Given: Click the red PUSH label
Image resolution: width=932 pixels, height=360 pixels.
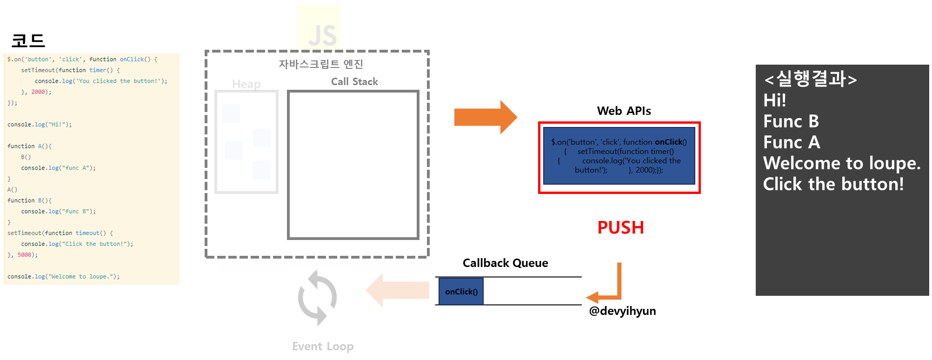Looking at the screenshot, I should (620, 228).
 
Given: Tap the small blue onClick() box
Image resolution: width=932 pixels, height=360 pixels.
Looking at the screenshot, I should (461, 292).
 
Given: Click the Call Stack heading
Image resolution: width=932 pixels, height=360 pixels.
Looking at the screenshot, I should (354, 82).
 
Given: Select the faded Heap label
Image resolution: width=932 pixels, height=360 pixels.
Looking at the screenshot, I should (246, 84).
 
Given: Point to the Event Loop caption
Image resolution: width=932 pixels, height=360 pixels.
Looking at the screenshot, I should (323, 347).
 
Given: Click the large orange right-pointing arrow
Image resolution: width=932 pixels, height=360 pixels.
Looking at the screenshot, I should (485, 117).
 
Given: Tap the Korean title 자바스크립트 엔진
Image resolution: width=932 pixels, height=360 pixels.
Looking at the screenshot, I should (321, 64).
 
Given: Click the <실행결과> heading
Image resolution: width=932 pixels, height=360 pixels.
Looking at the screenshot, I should (810, 79).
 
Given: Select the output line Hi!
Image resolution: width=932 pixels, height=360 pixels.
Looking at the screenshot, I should (775, 100).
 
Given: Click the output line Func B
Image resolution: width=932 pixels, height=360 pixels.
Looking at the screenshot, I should (791, 121).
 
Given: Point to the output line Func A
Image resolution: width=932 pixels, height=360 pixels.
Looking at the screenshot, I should (792, 142).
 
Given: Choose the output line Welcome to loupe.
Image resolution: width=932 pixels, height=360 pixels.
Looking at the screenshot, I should (842, 163).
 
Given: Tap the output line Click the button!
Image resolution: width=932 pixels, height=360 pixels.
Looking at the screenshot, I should (833, 184).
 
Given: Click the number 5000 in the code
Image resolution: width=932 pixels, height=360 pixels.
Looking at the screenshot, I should (24, 255).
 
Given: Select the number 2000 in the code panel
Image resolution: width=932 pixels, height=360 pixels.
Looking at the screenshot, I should (38, 92).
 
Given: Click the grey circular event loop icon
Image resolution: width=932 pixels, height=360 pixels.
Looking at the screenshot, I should (317, 298).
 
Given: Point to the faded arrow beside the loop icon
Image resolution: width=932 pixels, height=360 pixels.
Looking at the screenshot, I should (398, 290).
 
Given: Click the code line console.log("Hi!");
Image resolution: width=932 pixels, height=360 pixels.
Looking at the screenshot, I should (40, 125).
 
